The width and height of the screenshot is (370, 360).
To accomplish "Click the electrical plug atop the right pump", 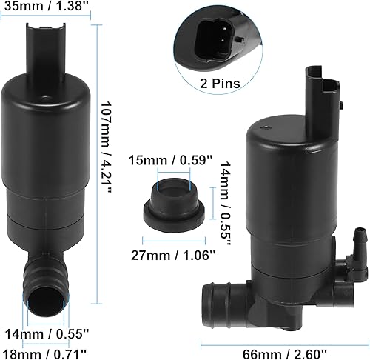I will click(x=323, y=96).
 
